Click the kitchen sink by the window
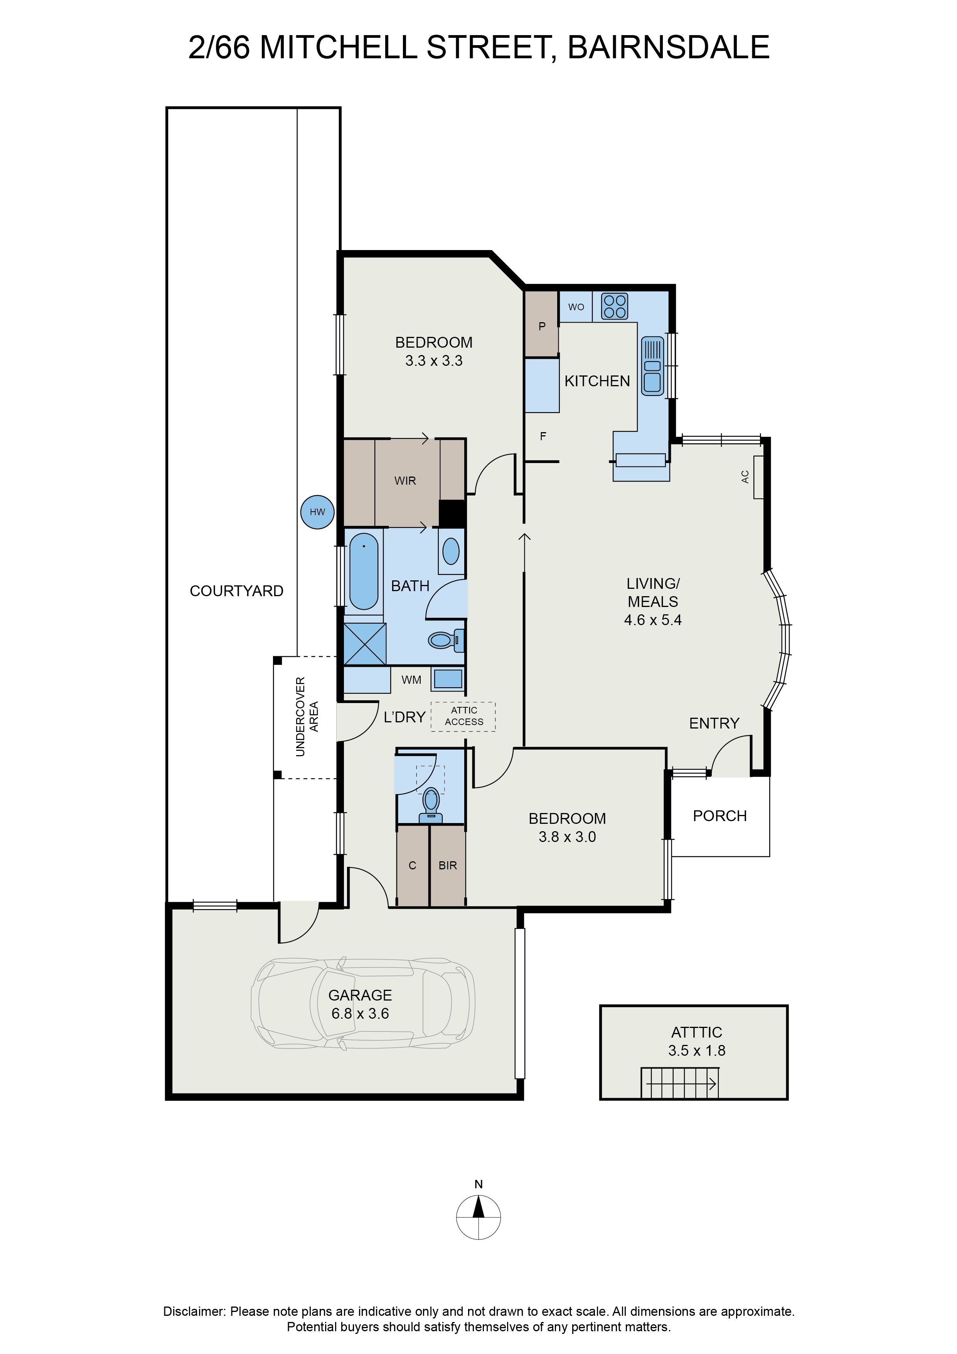[652, 366]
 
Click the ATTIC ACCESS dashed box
[463, 717]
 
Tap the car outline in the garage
[363, 1003]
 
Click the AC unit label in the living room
[745, 477]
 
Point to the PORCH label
[719, 816]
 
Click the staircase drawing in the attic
[679, 1083]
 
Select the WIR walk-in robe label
[405, 481]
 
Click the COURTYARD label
[236, 591]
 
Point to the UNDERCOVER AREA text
[307, 717]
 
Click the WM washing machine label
[411, 680]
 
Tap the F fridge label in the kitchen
[543, 436]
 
